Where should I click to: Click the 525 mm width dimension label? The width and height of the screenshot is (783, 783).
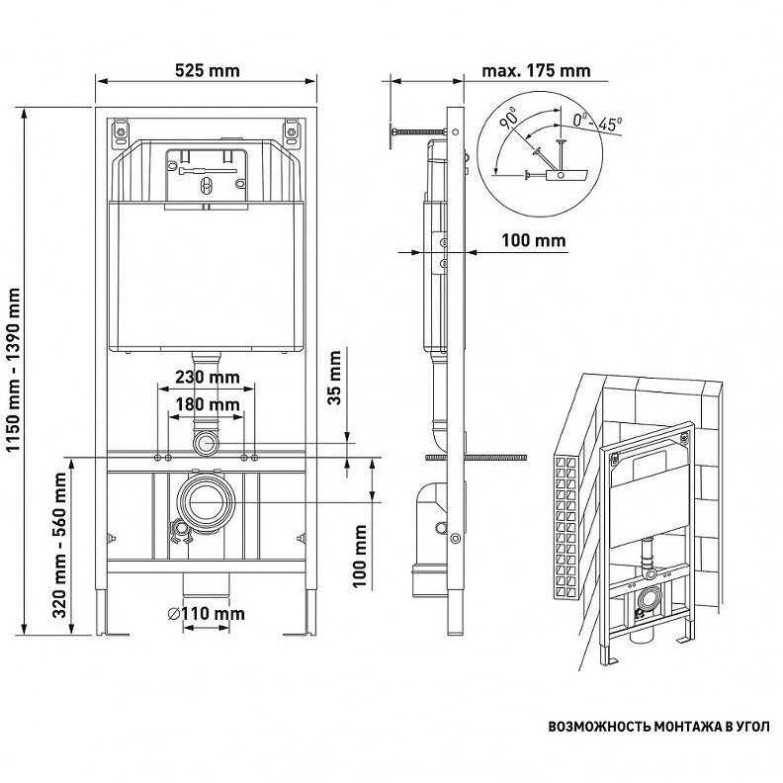coord(207,70)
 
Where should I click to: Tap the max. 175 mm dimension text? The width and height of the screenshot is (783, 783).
coord(536,70)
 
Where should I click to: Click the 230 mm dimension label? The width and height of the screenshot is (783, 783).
coord(206,378)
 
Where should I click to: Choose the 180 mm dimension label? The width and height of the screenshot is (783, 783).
coord(206,404)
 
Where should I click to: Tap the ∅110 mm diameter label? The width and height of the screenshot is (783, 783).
coord(206,614)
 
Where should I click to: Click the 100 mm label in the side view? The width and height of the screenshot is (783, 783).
coord(533,240)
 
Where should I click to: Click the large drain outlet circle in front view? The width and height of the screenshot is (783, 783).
coord(206,500)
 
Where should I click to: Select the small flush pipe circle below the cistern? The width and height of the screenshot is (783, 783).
coord(206,441)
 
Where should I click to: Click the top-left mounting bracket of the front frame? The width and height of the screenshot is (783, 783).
coord(122,130)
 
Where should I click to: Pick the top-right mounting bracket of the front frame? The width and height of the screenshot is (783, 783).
coord(291,130)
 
